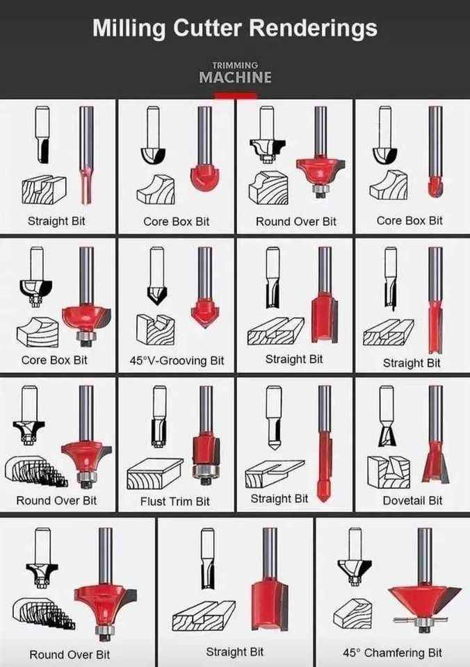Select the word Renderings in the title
[313, 28]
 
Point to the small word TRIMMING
[235, 65]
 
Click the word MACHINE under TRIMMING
[235, 77]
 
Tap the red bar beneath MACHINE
[235, 96]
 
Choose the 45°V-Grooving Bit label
[177, 361]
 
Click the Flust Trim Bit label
[175, 501]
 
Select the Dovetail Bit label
[412, 500]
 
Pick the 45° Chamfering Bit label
[392, 652]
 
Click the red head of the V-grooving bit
[204, 312]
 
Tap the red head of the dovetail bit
[434, 459]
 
